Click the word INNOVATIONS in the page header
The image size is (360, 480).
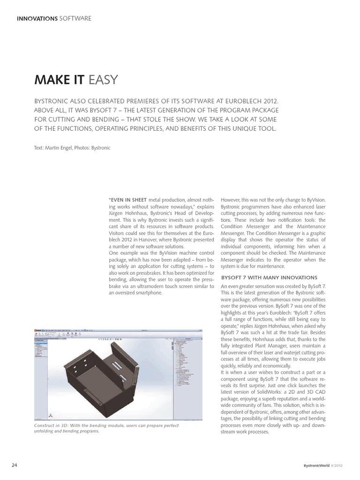coord(37,19)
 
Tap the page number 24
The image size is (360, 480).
coord(15,465)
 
